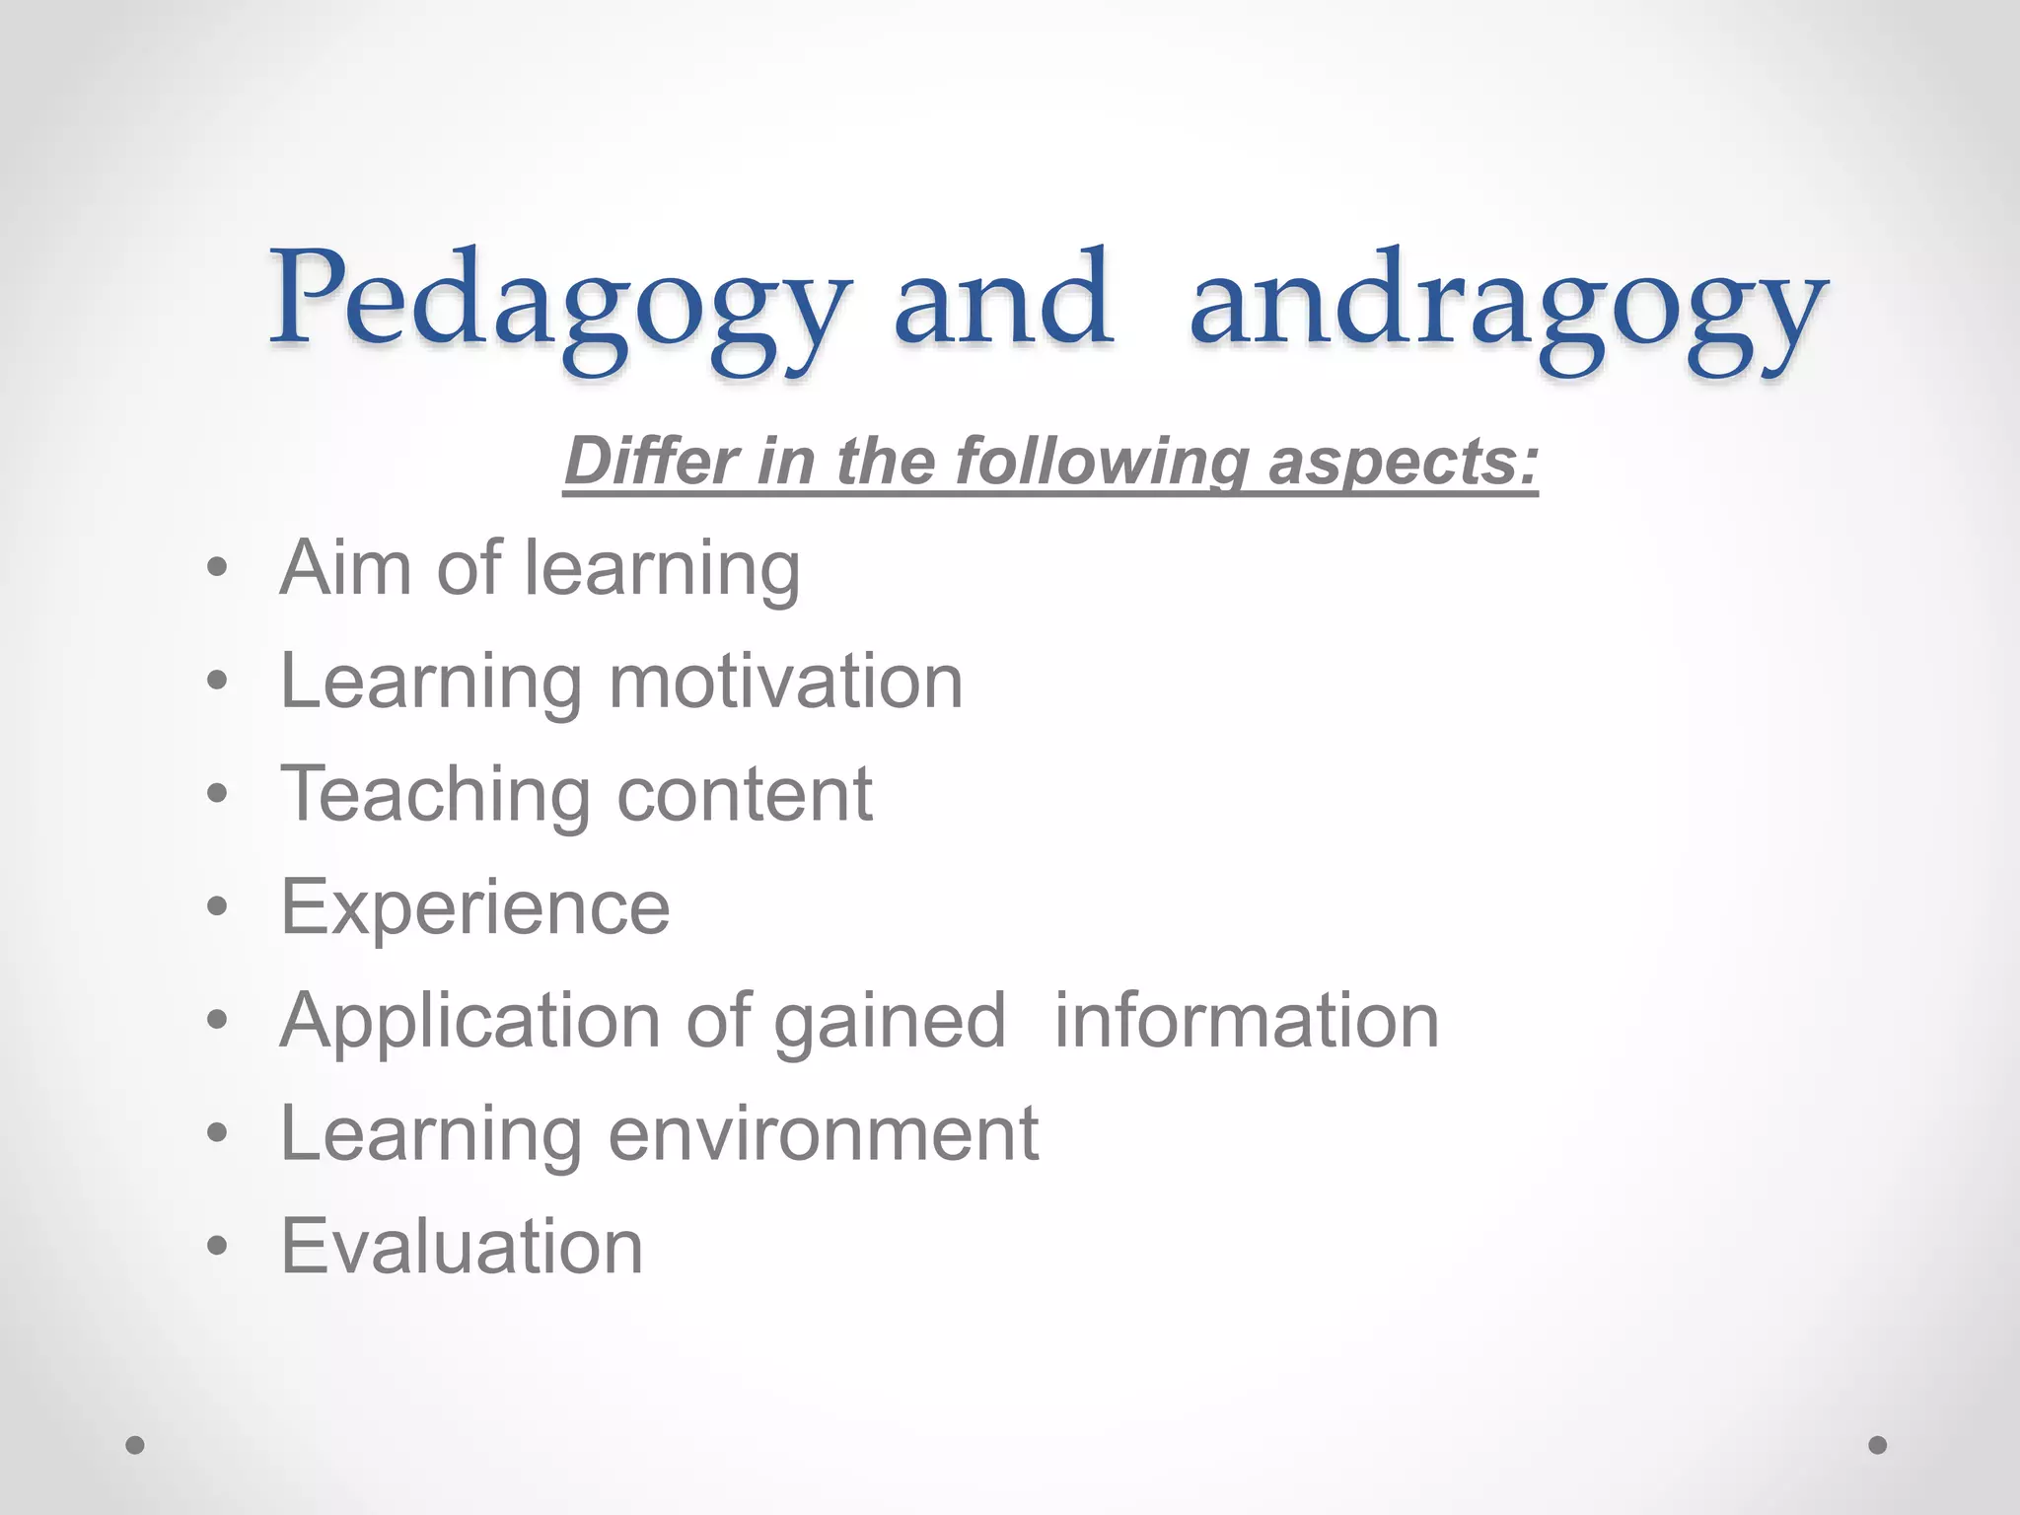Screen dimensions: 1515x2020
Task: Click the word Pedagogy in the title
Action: [558, 301]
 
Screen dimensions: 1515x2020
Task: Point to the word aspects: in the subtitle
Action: [1403, 461]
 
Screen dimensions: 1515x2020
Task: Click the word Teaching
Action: [435, 794]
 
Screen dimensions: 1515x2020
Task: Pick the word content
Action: [745, 794]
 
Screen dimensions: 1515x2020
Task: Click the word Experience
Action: [475, 906]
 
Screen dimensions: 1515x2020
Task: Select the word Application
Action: [470, 1021]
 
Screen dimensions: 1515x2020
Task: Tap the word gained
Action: [890, 1021]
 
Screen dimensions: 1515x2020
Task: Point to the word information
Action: [1247, 1021]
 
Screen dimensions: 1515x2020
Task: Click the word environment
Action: [823, 1133]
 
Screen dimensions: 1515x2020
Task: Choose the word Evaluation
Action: [462, 1246]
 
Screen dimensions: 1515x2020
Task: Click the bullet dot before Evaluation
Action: [217, 1246]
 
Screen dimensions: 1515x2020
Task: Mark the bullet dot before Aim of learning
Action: [217, 568]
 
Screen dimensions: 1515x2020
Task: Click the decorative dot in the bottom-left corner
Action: [135, 1445]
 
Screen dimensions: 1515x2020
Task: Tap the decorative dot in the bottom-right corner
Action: [1878, 1445]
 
